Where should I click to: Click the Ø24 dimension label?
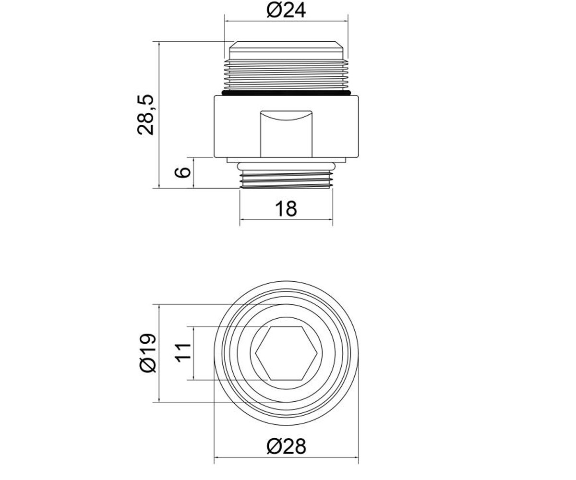286,11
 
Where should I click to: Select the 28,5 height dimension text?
145,115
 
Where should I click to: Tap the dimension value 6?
182,172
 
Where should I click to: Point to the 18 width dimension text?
286,209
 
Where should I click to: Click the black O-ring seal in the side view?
286,93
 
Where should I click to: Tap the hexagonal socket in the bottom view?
286,353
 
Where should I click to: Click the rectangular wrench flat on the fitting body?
287,134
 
